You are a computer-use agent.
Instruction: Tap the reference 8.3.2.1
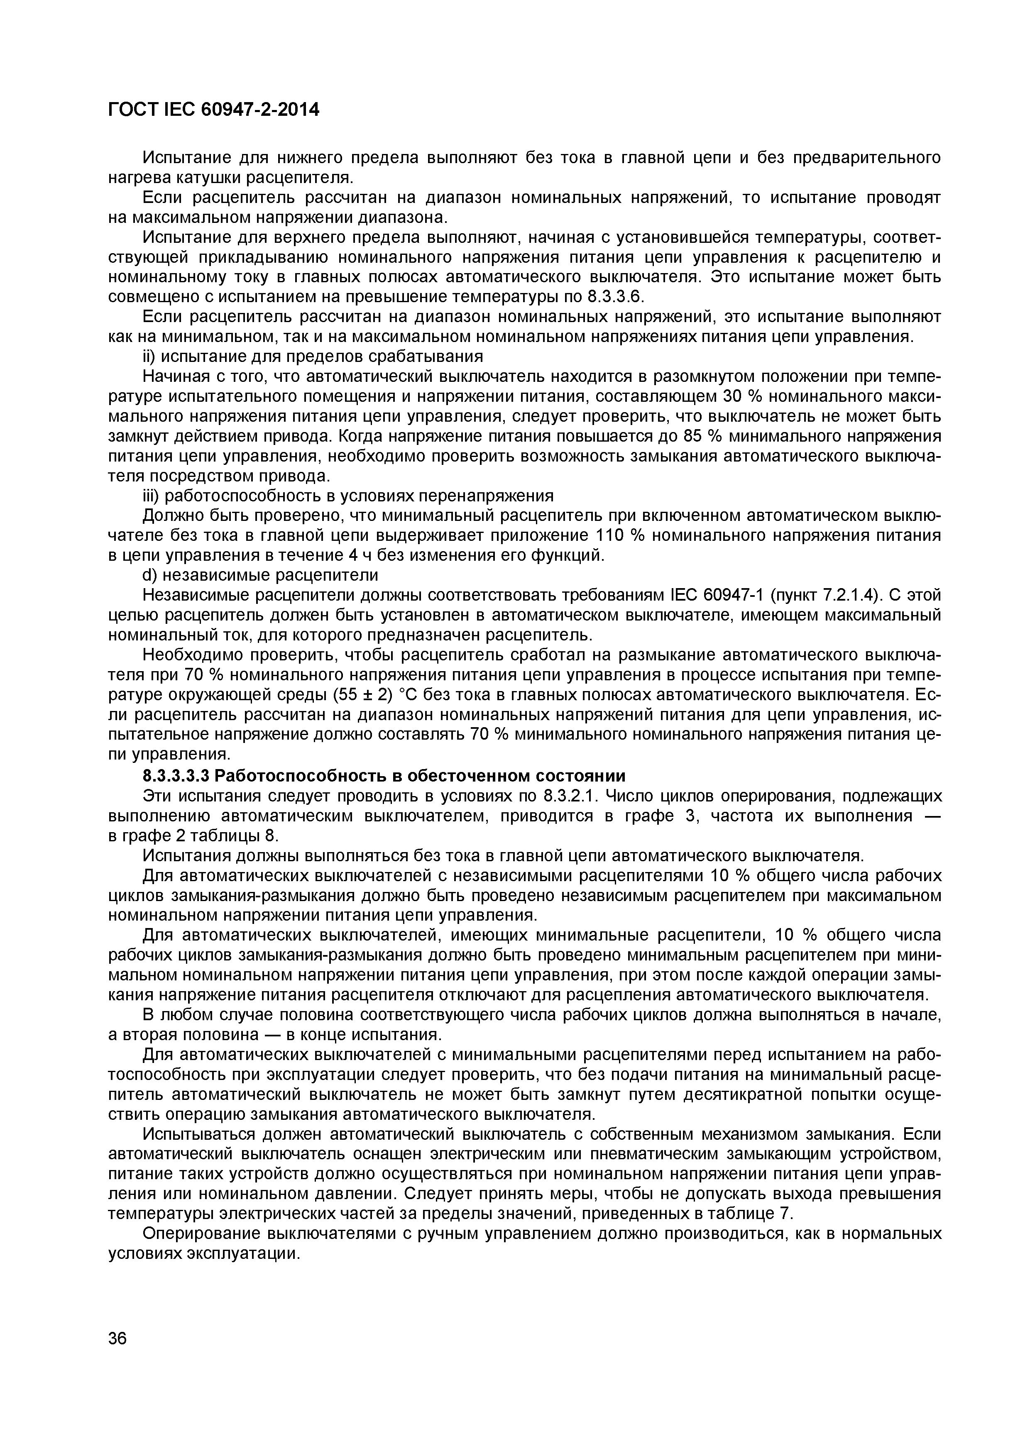(570, 796)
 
